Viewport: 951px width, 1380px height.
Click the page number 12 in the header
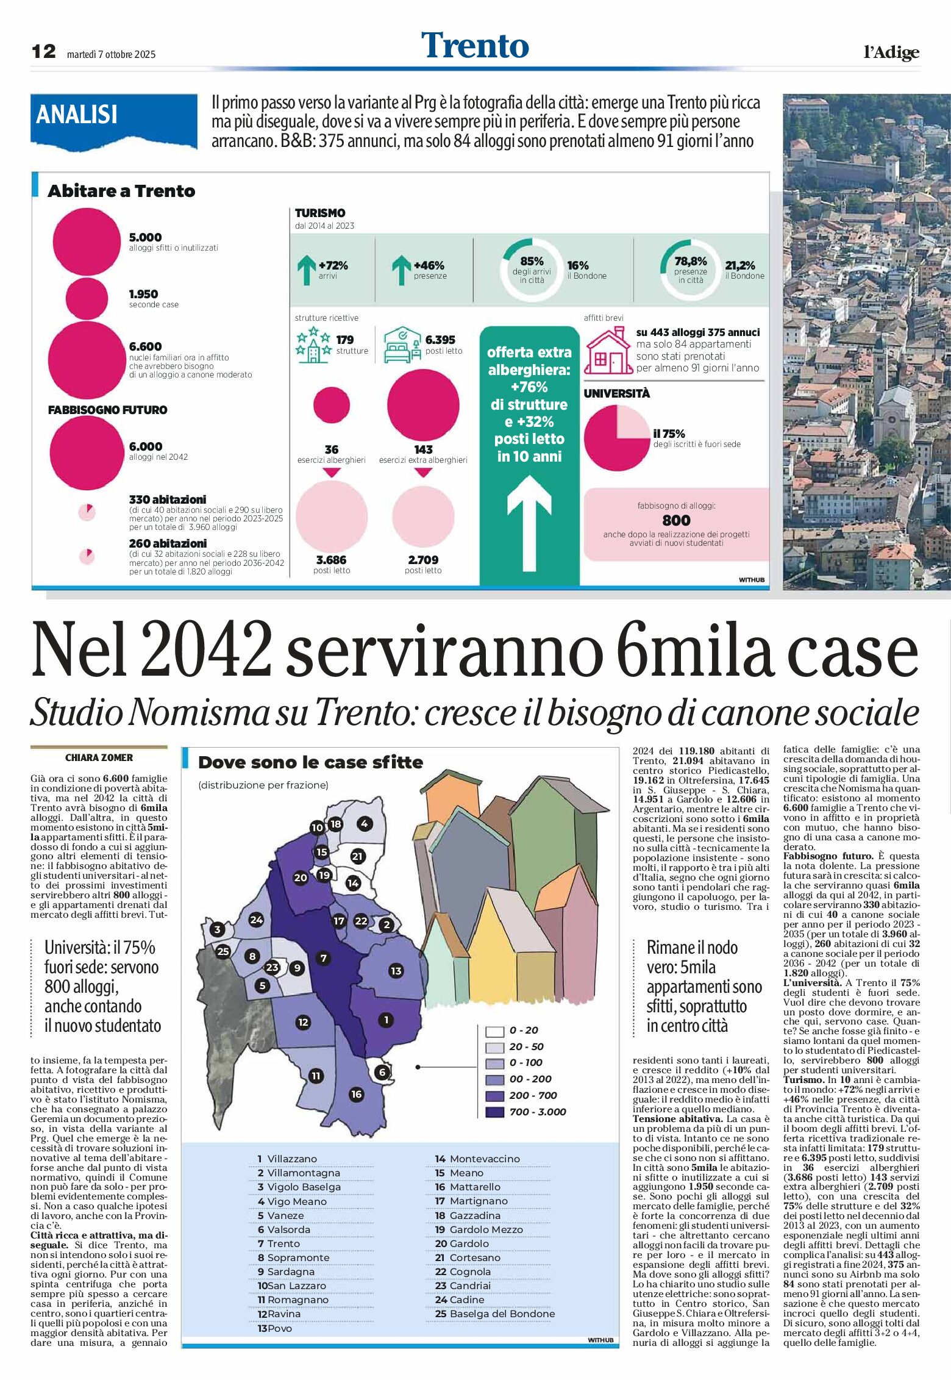43,51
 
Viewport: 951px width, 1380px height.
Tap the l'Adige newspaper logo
891,52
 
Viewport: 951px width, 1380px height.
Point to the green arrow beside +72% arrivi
306,270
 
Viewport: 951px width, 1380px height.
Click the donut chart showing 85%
532,270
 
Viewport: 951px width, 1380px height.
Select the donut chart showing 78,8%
690,270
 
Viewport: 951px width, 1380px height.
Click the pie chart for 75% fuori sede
616,438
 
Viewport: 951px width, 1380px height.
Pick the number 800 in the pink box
676,520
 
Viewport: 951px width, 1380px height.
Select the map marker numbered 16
357,1094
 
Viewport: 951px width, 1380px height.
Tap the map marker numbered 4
364,824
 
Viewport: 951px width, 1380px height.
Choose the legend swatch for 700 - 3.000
494,1112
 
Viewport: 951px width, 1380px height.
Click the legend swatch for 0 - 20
494,1031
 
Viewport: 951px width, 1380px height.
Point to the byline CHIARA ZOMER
99,757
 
